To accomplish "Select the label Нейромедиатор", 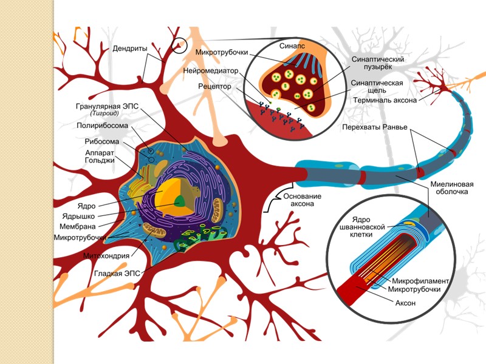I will pyautogui.click(x=210, y=70).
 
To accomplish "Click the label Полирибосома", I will pyautogui.click(x=103, y=126).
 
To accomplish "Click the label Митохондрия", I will pyautogui.click(x=107, y=256).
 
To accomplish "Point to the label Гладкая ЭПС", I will pyautogui.click(x=117, y=273).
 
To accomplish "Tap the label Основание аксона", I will pyautogui.click(x=301, y=200).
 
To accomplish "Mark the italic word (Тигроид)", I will pyautogui.click(x=108, y=113).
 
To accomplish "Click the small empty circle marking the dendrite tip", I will pyautogui.click(x=178, y=45).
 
